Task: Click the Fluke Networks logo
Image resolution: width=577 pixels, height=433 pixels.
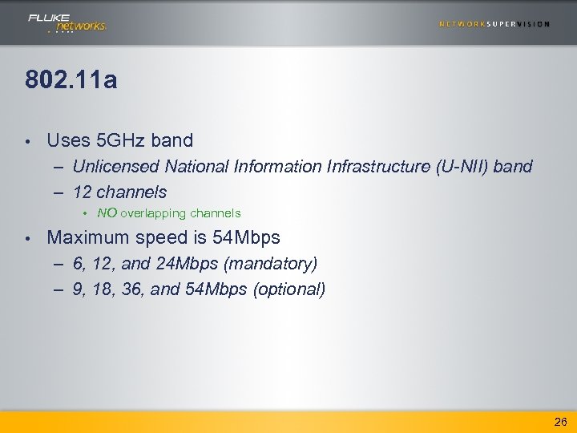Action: pos(67,22)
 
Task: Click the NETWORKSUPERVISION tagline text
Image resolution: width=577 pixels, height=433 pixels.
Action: pos(494,24)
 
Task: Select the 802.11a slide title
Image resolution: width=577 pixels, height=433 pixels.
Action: pos(71,80)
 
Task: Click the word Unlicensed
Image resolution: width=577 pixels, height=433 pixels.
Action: pos(115,166)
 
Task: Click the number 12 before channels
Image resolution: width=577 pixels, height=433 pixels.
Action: pos(82,192)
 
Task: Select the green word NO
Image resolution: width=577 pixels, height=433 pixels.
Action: pos(107,213)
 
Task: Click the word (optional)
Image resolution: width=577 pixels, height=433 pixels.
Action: pos(288,289)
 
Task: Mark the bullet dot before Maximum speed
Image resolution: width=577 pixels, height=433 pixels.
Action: pos(28,238)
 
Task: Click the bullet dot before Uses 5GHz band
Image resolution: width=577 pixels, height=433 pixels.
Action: pos(28,141)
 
